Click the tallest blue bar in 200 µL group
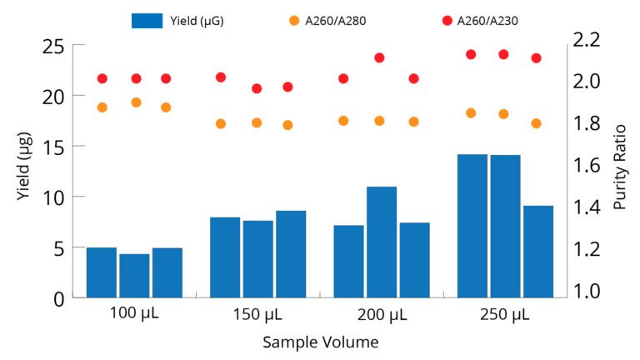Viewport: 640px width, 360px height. point(382,242)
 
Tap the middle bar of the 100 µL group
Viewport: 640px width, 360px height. point(134,275)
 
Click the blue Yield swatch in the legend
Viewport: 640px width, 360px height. point(147,21)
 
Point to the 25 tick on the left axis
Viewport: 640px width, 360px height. point(51,45)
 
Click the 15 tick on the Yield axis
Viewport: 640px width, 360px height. point(51,146)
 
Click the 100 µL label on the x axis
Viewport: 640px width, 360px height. point(134,314)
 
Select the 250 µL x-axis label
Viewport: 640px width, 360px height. point(505,314)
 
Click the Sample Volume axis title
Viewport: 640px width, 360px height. point(320,342)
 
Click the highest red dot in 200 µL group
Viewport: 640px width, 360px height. point(379,57)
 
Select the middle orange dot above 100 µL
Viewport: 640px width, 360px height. point(136,102)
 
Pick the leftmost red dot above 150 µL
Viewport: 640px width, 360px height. point(221,77)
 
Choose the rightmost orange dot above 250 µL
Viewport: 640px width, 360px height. point(537,123)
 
